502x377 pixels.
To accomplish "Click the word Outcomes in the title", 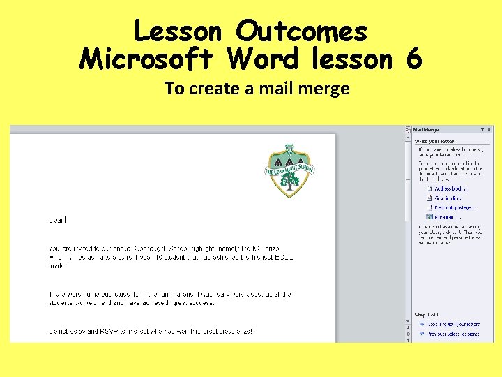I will tap(301, 31).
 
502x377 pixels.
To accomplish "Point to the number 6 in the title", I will tap(413, 59).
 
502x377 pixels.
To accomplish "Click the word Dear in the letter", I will tap(56, 220).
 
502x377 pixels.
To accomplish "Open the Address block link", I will tap(450, 188).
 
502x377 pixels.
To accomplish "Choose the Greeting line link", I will tap(449, 198).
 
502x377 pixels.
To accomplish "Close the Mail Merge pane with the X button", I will tap(489, 130).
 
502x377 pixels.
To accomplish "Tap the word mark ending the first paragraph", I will tap(56, 266).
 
